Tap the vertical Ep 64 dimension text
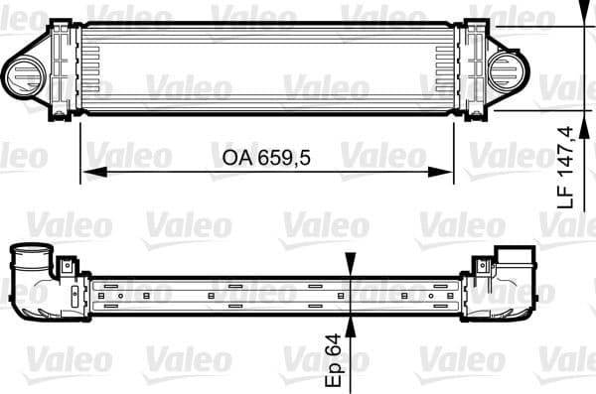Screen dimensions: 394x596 point(336,358)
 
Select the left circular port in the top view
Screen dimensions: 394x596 point(22,70)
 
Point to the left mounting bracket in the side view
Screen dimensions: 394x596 point(67,266)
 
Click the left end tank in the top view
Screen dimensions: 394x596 point(64,69)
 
